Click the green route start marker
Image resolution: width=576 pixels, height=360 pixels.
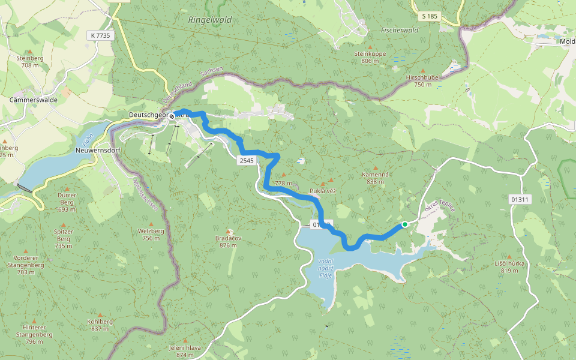click(x=405, y=224)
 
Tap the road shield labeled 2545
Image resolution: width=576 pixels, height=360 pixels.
click(x=246, y=161)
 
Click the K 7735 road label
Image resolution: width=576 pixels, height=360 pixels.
click(x=100, y=35)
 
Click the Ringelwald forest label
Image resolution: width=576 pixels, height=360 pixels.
click(x=209, y=20)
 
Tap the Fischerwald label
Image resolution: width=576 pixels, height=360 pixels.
click(x=399, y=29)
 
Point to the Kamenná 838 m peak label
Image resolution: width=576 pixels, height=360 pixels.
click(x=376, y=178)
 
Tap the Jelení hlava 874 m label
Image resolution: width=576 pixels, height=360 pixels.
click(x=185, y=351)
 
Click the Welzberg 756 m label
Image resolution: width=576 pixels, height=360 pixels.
click(x=151, y=234)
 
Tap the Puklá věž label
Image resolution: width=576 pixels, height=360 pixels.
click(x=322, y=190)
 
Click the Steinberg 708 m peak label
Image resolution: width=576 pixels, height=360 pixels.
click(x=34, y=61)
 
